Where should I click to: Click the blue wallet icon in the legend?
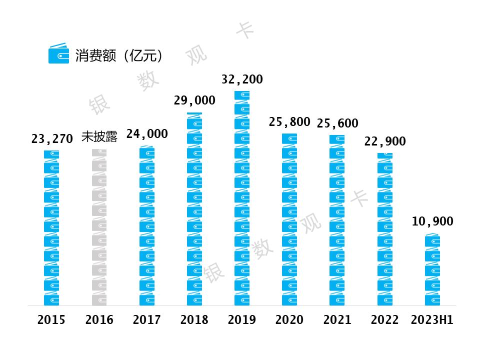click(x=58, y=54)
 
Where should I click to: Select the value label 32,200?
click(x=242, y=79)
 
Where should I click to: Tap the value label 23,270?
click(x=52, y=139)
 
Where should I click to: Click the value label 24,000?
click(x=147, y=134)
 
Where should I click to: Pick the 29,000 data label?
click(x=194, y=100)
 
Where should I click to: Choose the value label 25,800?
click(x=289, y=122)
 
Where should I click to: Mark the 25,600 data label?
click(x=337, y=123)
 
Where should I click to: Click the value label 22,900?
click(x=385, y=141)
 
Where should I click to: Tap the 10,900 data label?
click(x=432, y=221)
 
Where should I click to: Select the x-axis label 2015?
click(x=51, y=320)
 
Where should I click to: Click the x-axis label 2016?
click(x=99, y=320)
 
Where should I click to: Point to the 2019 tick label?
click(x=242, y=320)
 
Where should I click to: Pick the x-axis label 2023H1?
click(x=432, y=320)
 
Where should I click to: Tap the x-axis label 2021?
click(x=337, y=320)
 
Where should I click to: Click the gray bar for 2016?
click(x=99, y=227)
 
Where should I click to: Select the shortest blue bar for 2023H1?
click(x=432, y=269)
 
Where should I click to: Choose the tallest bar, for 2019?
click(x=242, y=198)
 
